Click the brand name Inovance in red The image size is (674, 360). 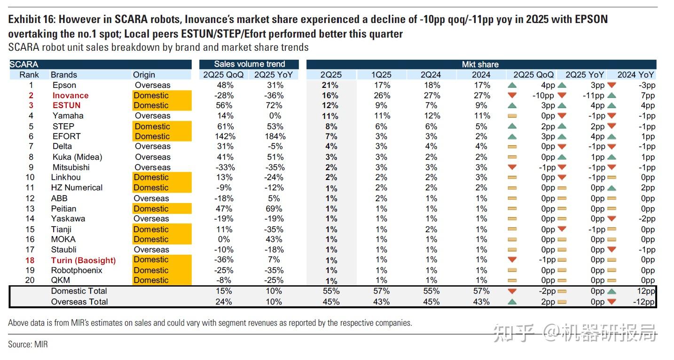(70, 95)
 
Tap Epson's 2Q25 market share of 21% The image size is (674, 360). (330, 85)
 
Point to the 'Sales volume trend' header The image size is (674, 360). (249, 64)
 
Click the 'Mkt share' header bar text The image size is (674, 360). (480, 64)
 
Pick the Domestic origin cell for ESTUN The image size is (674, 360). (151, 105)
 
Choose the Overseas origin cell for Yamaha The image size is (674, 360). (153, 116)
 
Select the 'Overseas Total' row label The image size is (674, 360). (79, 302)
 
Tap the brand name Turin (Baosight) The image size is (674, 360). (83, 260)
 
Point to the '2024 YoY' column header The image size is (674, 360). (635, 75)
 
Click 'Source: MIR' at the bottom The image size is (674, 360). (28, 344)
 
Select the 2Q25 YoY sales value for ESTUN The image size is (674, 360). (274, 105)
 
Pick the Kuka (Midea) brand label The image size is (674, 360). (77, 157)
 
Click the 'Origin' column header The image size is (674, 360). (144, 75)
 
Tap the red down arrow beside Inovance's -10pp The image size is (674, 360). (512, 95)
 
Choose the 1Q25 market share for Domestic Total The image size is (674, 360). (381, 291)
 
